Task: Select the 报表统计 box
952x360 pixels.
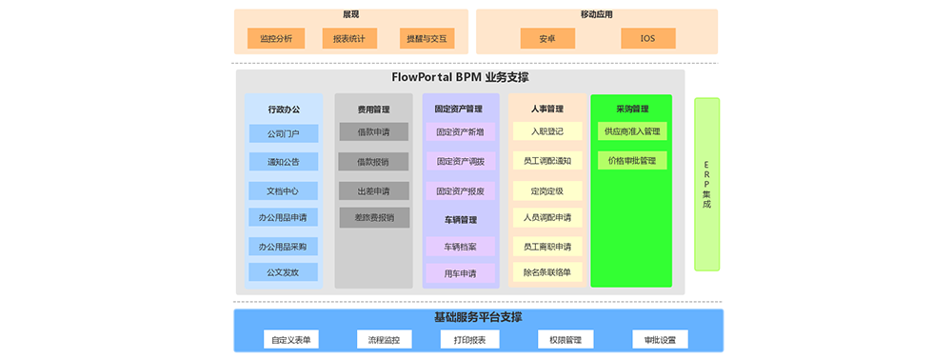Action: point(349,39)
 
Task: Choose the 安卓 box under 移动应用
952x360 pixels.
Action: point(547,39)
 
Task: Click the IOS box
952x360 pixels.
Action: point(647,39)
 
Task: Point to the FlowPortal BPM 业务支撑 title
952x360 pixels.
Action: point(460,77)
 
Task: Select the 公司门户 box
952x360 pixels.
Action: point(283,133)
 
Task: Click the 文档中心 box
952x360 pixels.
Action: point(283,190)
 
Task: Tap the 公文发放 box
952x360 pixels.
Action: point(283,272)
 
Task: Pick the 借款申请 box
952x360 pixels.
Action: point(373,132)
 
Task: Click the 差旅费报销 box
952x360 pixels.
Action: point(373,218)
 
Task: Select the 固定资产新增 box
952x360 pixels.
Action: point(460,132)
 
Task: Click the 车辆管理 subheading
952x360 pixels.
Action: point(460,220)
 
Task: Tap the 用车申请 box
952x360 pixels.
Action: point(460,273)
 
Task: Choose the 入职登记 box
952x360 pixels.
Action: point(546,131)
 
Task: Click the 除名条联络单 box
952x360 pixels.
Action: point(546,272)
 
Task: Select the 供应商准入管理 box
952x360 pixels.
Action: point(632,131)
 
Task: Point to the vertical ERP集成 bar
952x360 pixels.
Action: point(706,184)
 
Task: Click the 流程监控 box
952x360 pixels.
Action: point(384,340)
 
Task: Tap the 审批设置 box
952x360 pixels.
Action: point(660,340)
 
